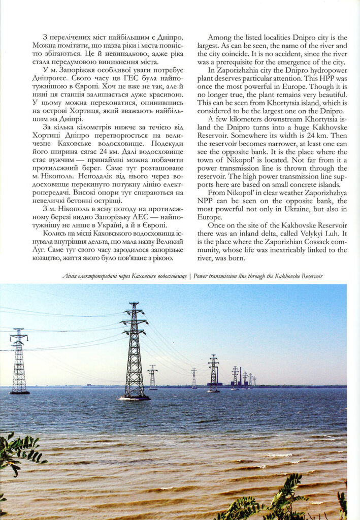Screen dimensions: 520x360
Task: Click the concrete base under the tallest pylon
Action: coord(135,398)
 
